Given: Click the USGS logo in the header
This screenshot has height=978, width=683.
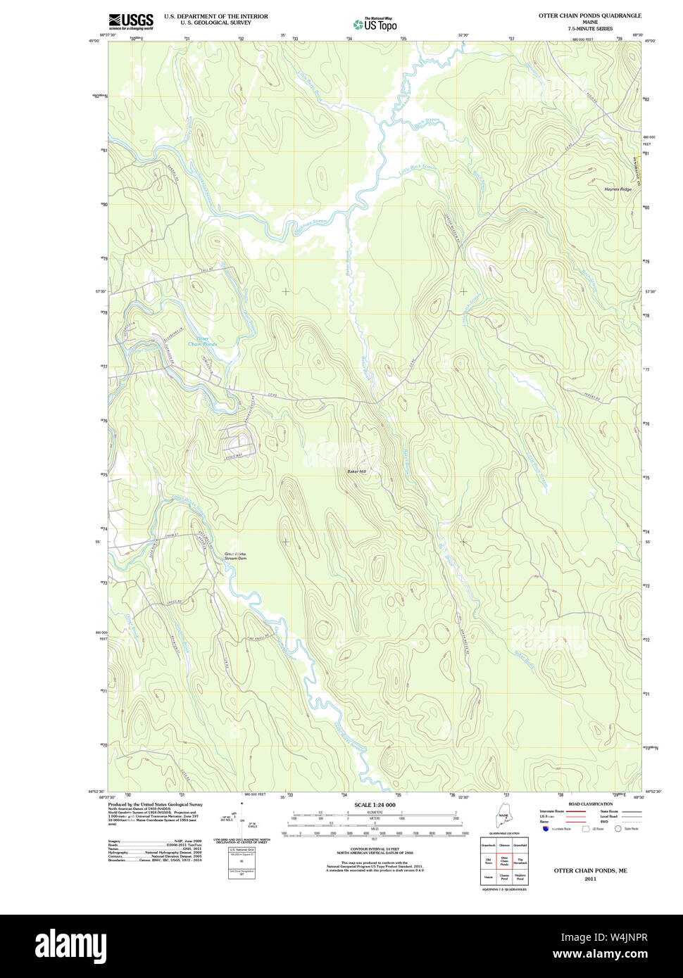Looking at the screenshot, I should [130, 21].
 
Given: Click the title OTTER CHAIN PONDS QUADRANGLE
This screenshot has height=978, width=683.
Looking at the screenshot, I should [589, 15].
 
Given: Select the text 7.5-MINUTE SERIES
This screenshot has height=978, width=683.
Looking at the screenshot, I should [590, 29].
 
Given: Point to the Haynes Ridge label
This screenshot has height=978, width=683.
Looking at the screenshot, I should [618, 189].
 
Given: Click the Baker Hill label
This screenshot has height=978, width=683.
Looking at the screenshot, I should [356, 471].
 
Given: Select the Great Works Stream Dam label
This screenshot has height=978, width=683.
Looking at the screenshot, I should [235, 556].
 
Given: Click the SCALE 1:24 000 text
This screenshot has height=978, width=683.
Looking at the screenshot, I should [375, 805].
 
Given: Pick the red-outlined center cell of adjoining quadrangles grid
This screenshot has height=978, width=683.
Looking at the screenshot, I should [504, 860].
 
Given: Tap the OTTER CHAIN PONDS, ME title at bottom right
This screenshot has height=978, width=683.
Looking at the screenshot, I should [590, 870].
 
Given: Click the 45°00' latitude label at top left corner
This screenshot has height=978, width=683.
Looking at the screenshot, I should [104, 41].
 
